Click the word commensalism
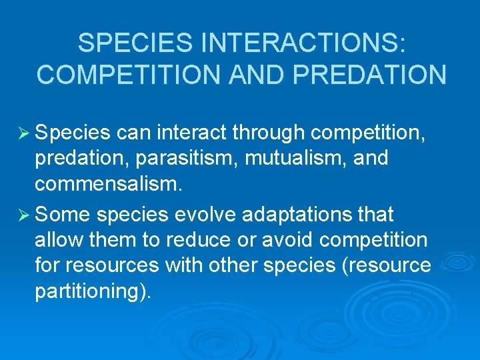click(x=107, y=185)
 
